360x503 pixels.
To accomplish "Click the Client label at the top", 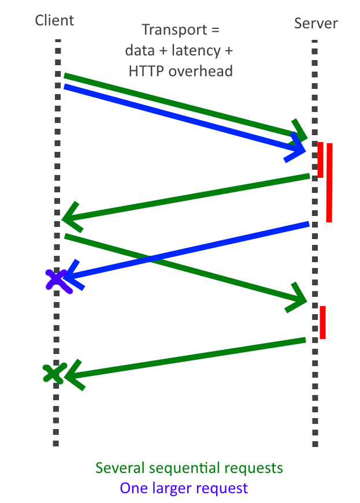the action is click(55, 21).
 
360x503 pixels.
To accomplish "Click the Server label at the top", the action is click(316, 24).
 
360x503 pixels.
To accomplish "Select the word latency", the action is click(195, 51).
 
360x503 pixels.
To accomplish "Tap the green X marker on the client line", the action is click(54, 372).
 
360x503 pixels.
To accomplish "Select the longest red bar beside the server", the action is click(329, 182).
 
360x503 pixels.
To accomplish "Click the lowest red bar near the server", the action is click(322, 322).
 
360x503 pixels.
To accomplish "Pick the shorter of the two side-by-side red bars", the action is click(320, 159).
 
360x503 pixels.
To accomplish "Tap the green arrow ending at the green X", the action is click(185, 358).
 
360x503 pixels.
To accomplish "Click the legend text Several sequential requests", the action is click(189, 467).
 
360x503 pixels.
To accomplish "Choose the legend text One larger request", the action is click(184, 488).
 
